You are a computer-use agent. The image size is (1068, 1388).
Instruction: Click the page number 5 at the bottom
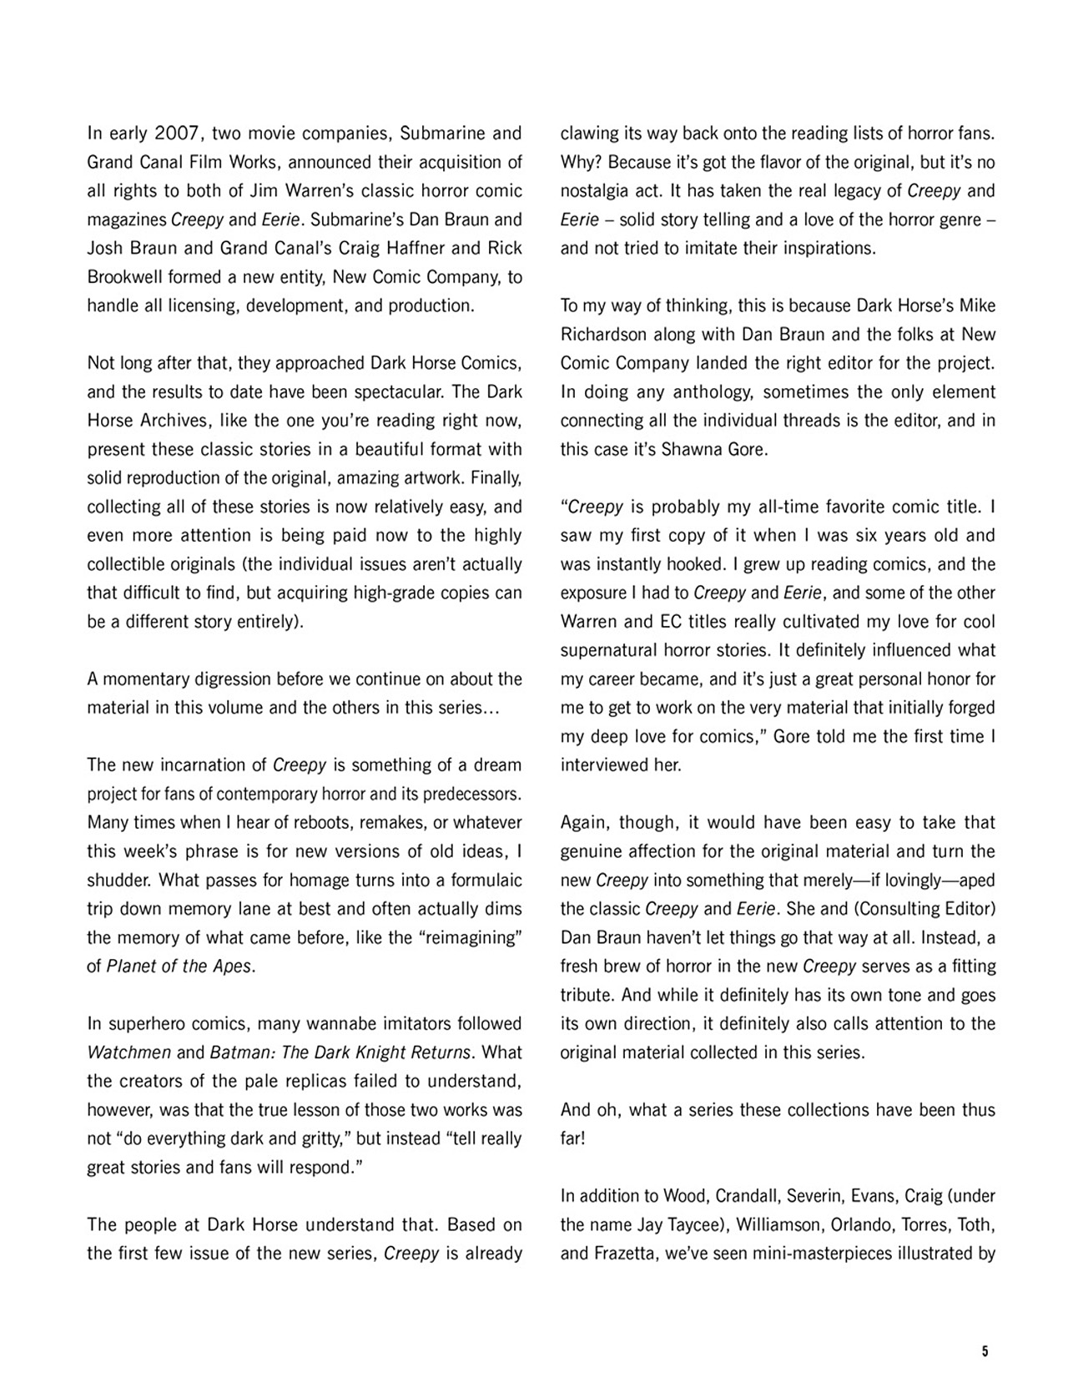(985, 1352)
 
